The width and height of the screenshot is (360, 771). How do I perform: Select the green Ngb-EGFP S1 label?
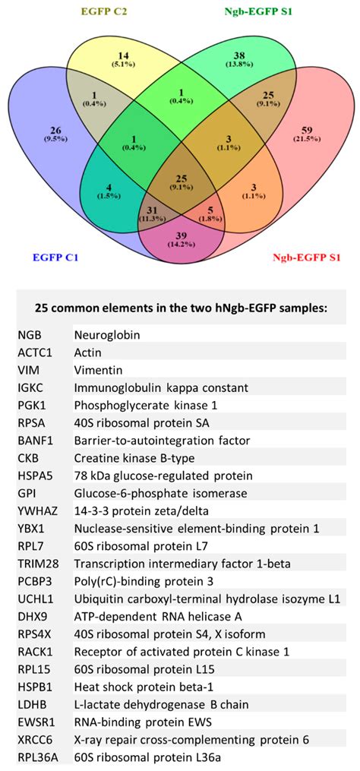[259, 11]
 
